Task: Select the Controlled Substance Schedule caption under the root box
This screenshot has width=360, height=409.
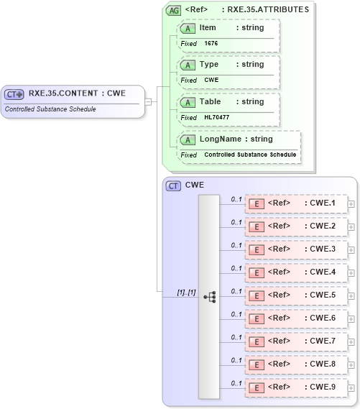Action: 50,109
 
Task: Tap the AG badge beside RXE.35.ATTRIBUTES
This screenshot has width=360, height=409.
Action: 174,10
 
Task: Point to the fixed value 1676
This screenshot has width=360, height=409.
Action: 211,44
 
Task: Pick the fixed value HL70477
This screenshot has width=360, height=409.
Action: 218,118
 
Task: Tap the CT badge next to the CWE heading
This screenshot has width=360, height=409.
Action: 173,185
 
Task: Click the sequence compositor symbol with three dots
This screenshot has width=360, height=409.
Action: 209,296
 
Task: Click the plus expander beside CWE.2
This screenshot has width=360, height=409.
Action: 351,227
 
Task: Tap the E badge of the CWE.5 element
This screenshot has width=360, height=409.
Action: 256,295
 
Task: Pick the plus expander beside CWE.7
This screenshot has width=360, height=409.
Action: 351,341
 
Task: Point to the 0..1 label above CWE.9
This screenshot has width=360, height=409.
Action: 236,383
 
